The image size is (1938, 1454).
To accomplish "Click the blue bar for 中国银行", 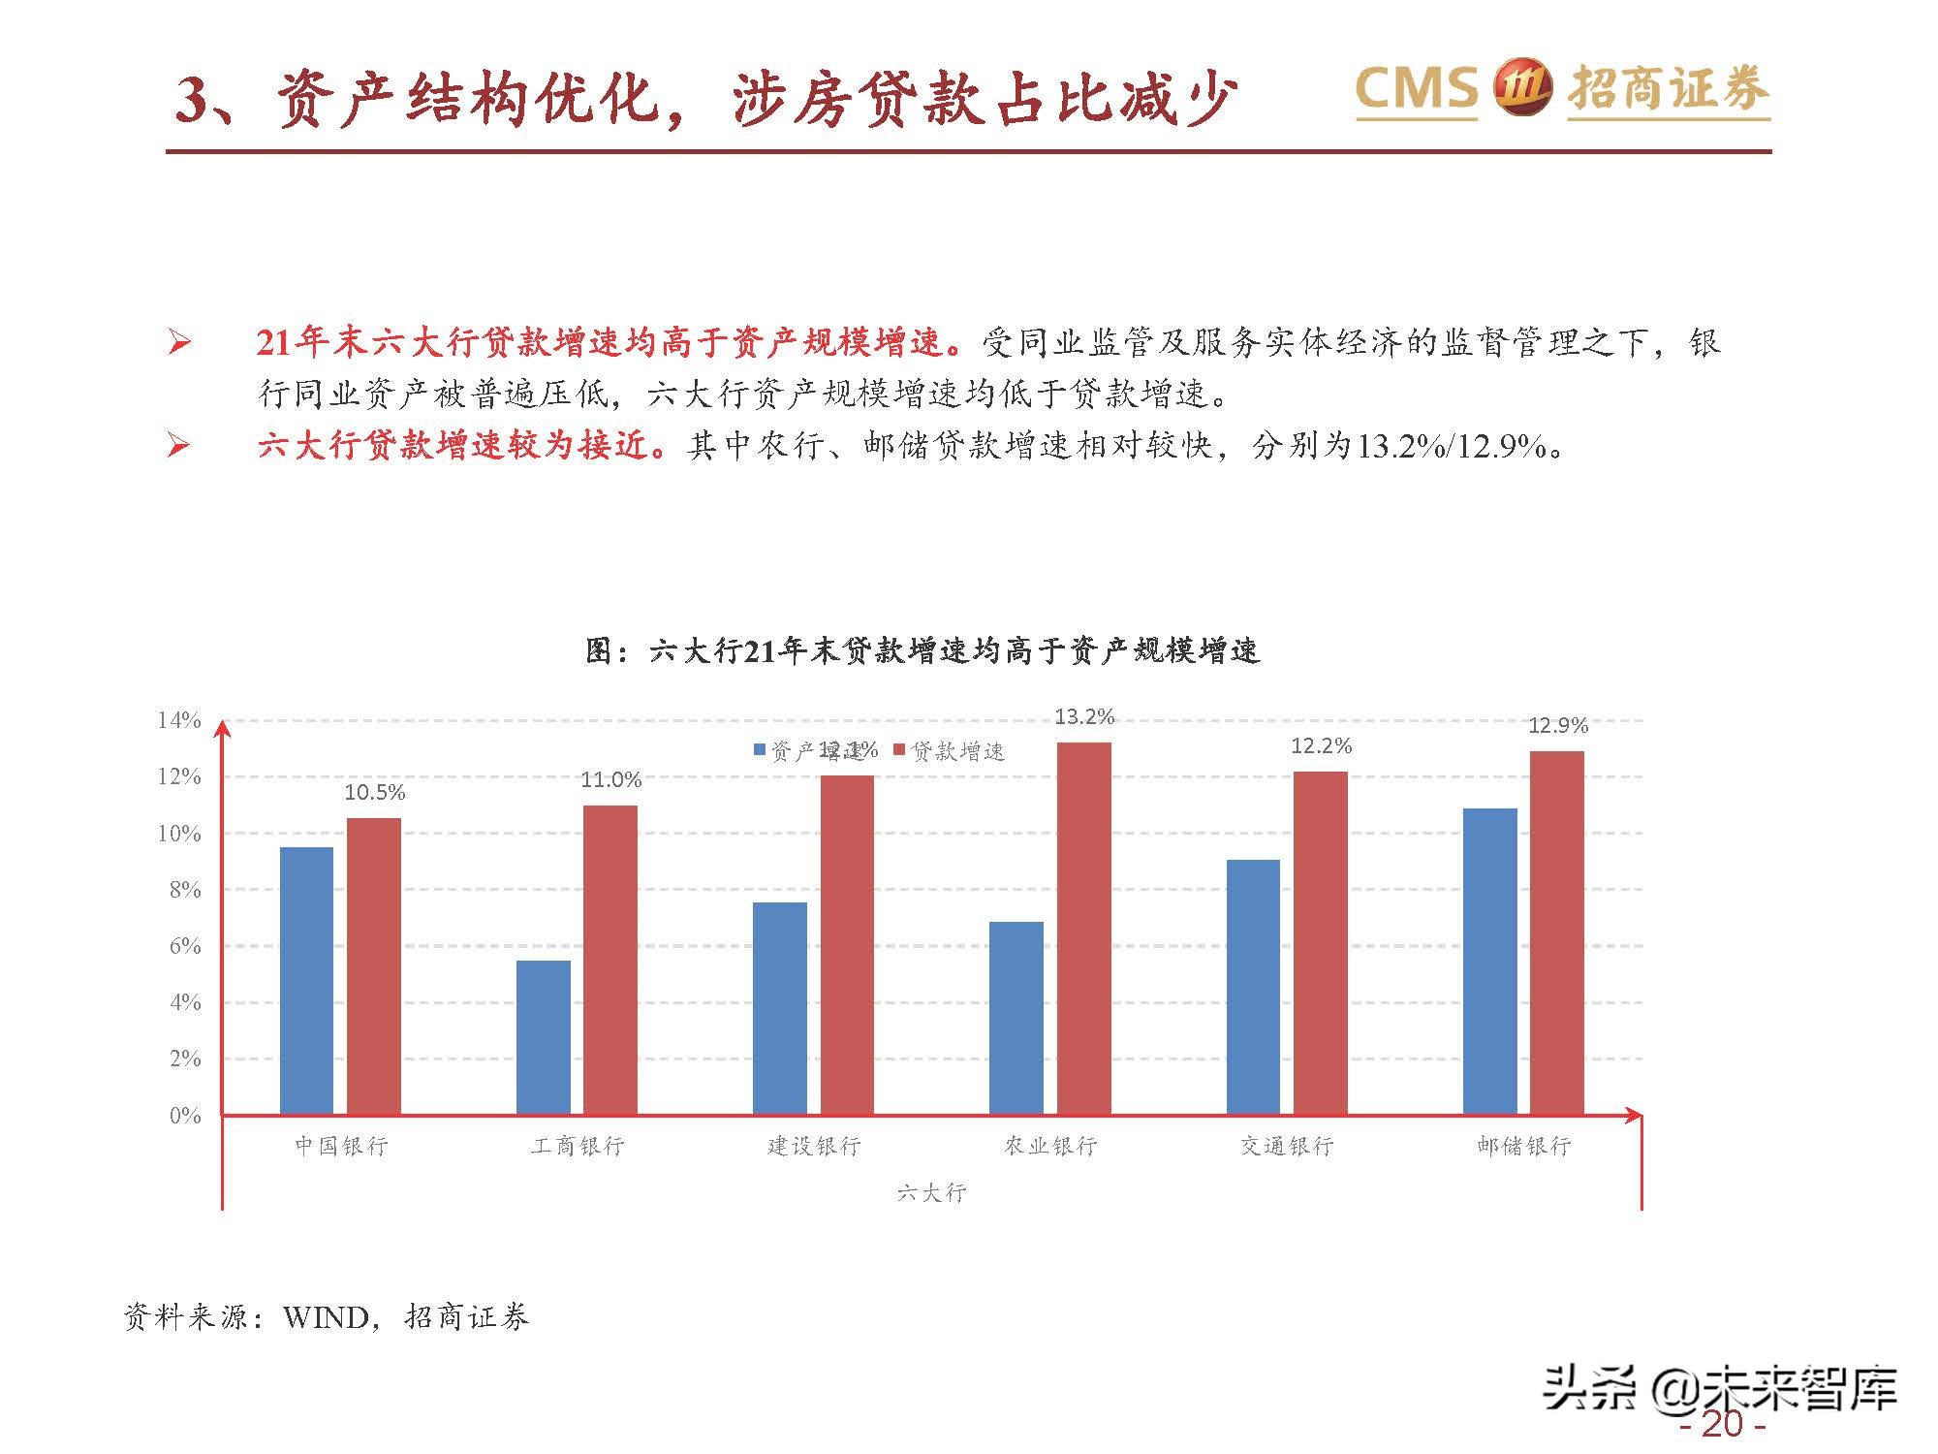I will coord(306,980).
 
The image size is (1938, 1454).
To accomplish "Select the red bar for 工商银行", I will coord(610,960).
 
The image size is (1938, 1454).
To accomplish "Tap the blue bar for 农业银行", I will coord(1016,1018).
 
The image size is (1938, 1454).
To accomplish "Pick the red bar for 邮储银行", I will coord(1556,932).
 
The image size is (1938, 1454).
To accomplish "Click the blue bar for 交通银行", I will coord(1253,987).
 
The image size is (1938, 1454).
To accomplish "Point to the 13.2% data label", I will coord(1084,716).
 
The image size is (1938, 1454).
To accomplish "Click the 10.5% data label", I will coord(374,792).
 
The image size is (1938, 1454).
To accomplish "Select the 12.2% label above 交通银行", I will coord(1321,745).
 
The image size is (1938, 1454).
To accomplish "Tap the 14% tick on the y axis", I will coord(179,720).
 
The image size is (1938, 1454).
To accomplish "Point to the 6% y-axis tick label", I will coord(185,946).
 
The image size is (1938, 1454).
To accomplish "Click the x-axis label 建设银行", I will coord(814,1146).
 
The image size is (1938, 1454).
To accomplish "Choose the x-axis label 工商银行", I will coord(578,1146).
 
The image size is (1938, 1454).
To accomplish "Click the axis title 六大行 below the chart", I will coord(931,1192).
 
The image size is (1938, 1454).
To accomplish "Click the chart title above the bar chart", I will coord(922,650).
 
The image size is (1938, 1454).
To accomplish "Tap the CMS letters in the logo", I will coord(1416,88).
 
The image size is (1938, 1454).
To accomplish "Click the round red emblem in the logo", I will coord(1523,88).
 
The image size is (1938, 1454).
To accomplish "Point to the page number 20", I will coord(1723,1425).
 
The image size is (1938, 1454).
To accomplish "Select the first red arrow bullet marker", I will coord(178,342).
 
